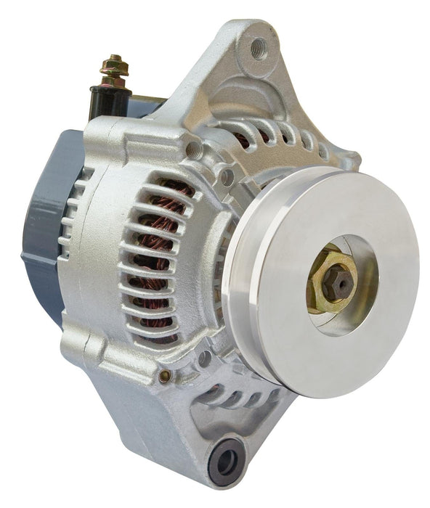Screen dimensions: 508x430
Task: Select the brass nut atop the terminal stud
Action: (x=115, y=66)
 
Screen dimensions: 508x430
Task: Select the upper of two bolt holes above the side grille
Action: (x=193, y=149)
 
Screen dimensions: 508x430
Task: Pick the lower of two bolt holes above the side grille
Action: (x=226, y=174)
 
